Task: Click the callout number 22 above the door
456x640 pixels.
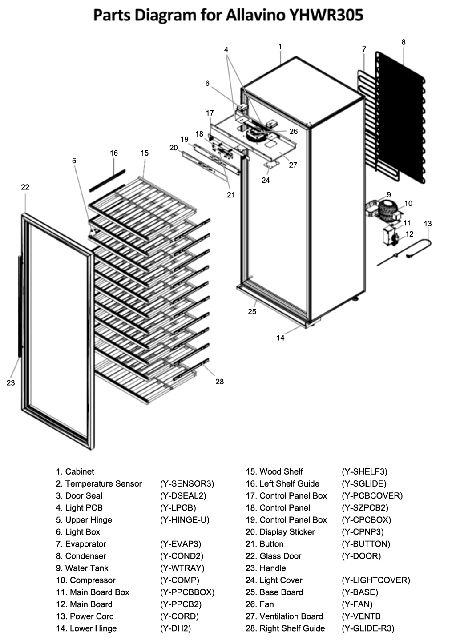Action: tap(25, 187)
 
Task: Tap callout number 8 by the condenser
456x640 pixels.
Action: tap(404, 42)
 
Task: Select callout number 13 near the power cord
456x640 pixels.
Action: tap(428, 224)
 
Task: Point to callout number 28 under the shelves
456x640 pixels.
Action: tap(219, 382)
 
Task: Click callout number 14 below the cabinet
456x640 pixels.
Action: tap(280, 338)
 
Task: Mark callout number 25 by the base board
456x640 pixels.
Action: tap(252, 312)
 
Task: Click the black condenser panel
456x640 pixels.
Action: tap(400, 116)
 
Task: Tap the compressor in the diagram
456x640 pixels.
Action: tap(388, 209)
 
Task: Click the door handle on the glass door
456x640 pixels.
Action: tap(20, 307)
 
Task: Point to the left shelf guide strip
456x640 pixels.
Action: tap(107, 180)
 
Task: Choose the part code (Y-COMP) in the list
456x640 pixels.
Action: tap(180, 580)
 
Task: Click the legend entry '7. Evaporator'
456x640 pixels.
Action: tap(81, 544)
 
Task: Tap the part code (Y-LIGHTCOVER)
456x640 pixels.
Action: tap(375, 580)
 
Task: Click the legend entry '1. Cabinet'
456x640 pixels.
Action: tap(75, 471)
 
